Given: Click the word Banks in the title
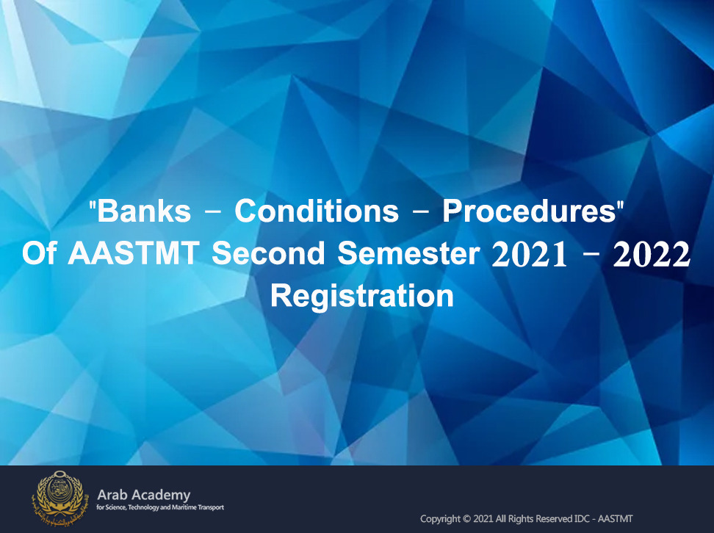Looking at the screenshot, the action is (144, 211).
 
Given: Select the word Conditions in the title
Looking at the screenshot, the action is (317, 211).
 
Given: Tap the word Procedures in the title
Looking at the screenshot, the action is (530, 211).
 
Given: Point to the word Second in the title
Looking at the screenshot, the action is (268, 253).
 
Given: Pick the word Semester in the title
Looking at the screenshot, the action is (409, 253).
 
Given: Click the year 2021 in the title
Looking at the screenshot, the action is (530, 255).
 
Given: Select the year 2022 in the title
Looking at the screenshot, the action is (652, 255).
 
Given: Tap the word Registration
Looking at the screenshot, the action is (362, 297).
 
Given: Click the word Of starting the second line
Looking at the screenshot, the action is (39, 253).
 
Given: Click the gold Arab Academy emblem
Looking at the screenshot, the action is (58, 498).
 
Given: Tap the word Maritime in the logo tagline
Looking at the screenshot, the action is (185, 507).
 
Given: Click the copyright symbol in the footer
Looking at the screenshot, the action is (466, 519).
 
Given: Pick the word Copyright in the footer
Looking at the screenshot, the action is (440, 519).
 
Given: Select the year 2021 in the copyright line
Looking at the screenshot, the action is (483, 519).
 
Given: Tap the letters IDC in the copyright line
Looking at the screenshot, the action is (583, 519).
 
